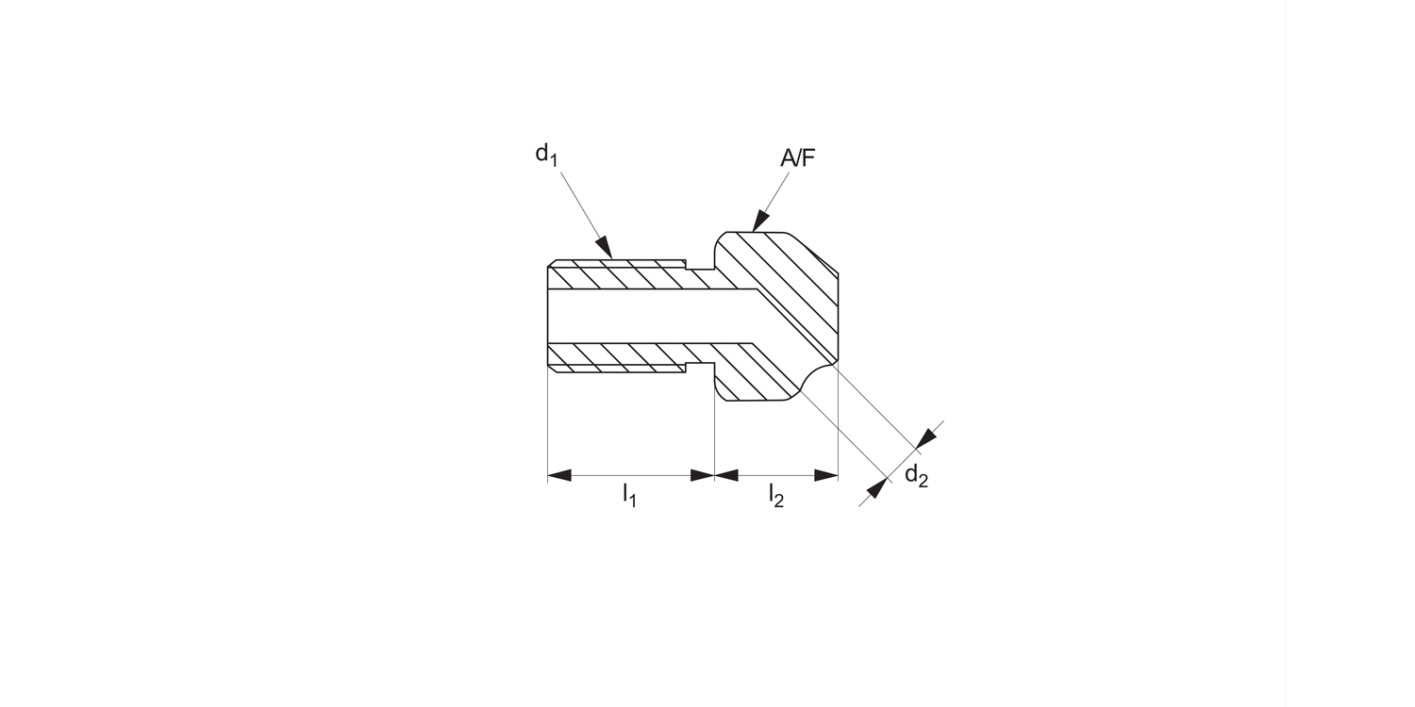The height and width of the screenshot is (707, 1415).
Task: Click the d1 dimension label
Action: tap(546, 154)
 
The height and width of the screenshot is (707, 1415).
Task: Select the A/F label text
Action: tap(797, 158)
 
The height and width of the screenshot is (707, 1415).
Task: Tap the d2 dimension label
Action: tap(916, 476)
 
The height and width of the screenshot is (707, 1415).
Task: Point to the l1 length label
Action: tap(629, 494)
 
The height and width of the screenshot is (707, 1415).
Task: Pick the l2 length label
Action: tap(775, 494)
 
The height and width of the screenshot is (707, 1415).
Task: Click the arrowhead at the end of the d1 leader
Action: tap(605, 248)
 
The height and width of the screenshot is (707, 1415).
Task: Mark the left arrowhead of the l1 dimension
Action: tap(559, 475)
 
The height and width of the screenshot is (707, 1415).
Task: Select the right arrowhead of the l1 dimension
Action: tap(702, 475)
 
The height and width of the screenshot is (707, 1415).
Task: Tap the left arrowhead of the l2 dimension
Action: tap(726, 475)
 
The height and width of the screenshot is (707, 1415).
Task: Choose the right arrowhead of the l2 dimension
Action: tap(826, 475)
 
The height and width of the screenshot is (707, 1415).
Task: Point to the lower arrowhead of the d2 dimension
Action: tap(876, 489)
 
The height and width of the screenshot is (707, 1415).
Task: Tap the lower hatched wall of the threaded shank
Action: tap(618, 354)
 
